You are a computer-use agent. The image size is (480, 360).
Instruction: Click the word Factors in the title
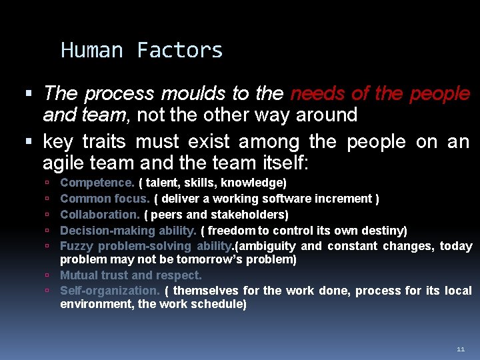[x=180, y=51]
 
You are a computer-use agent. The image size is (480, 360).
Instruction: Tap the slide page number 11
[x=461, y=349]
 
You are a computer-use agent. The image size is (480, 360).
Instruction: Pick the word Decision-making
[x=107, y=231]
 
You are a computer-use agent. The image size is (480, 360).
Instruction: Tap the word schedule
[x=219, y=304]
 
